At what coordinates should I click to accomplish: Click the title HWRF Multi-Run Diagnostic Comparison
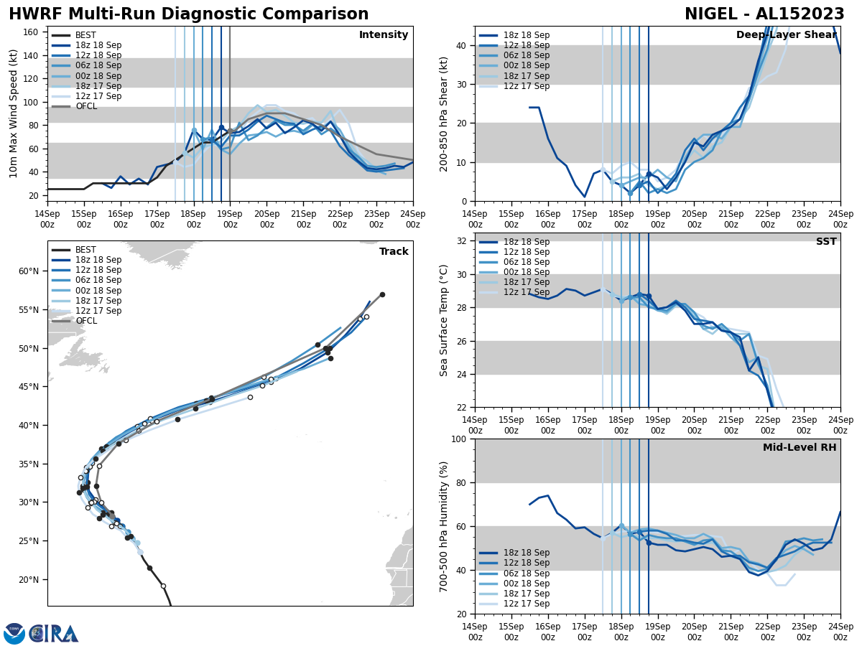point(188,14)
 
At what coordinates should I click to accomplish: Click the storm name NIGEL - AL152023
point(764,14)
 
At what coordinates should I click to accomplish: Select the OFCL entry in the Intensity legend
point(86,106)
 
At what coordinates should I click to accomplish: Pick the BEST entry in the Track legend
point(85,250)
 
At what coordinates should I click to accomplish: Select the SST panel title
point(826,242)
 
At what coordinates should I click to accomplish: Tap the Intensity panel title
point(384,35)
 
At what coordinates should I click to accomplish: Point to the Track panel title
point(394,251)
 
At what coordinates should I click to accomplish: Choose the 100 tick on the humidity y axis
point(460,439)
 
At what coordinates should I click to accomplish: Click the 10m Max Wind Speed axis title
point(14,113)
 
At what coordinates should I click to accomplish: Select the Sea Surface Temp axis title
point(444,320)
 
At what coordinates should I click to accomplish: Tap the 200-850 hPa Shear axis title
point(444,113)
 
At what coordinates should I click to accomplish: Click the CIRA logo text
point(54,633)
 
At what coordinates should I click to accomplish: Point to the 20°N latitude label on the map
point(28,580)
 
